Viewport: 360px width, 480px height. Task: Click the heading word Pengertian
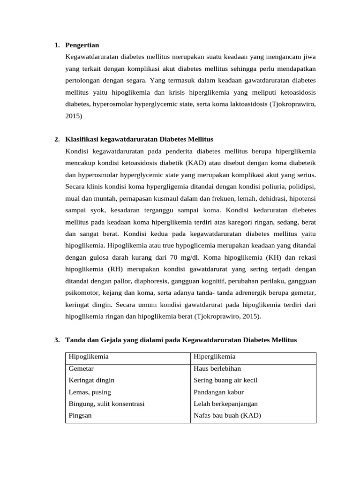[x=82, y=45]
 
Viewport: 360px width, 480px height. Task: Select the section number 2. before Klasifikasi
[x=57, y=140]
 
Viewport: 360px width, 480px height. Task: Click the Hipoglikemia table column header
[x=89, y=357]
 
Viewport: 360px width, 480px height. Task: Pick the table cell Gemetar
[x=81, y=369]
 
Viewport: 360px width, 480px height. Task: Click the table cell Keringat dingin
[x=91, y=380]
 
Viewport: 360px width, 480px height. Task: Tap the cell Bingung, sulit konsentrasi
[x=106, y=404]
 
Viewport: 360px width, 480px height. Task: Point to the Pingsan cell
[x=80, y=415]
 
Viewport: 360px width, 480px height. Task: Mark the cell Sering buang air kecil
[x=225, y=380]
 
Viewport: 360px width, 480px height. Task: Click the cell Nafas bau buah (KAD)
[x=227, y=415]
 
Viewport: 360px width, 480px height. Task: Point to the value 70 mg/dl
[x=184, y=257]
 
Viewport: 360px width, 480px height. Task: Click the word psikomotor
[x=82, y=292]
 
